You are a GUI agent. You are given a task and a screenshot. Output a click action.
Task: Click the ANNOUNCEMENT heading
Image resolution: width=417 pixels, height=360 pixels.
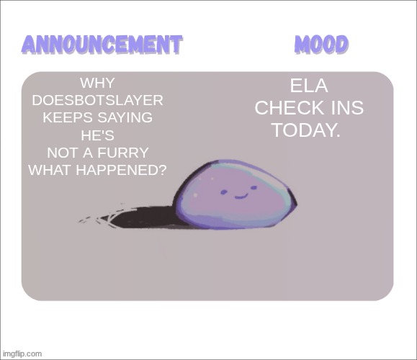tap(101, 44)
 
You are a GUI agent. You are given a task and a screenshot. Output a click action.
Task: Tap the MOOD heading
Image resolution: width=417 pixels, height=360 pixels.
tap(321, 44)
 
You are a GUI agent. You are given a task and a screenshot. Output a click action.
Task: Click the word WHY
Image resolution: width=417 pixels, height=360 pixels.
tap(97, 83)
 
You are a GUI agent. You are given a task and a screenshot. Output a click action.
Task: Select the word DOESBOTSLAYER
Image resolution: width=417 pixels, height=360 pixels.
tap(97, 100)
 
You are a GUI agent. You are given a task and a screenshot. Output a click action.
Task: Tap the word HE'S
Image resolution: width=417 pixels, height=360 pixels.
tap(97, 135)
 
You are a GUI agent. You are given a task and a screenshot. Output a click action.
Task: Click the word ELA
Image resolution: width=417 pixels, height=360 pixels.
tap(309, 86)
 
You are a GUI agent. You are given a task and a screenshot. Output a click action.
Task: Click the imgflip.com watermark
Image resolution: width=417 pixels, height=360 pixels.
tap(22, 354)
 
